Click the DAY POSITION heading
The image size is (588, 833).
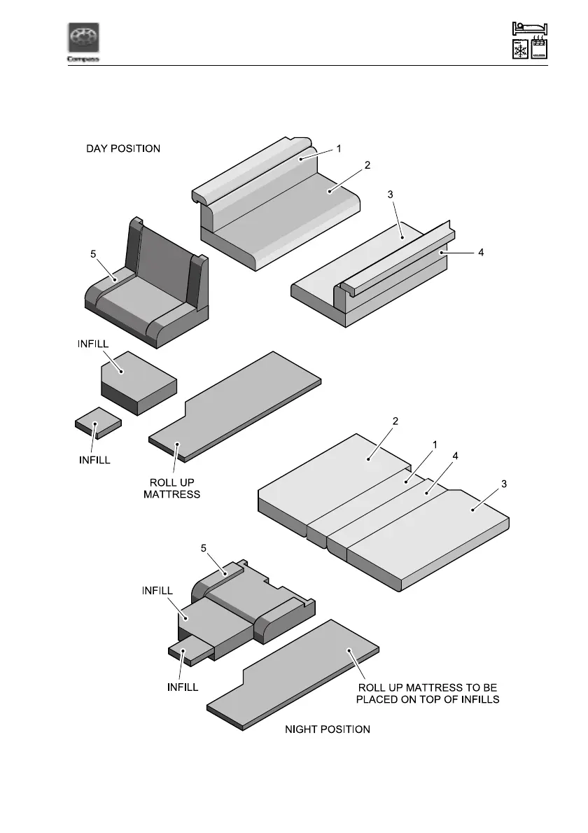(x=123, y=148)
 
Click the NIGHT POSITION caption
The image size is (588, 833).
(x=328, y=729)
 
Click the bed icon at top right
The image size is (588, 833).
(x=530, y=28)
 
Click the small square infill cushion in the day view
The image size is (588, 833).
(x=98, y=422)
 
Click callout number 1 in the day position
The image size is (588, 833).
(x=338, y=148)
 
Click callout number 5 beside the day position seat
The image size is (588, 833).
(x=93, y=255)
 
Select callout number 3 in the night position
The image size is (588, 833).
(x=505, y=483)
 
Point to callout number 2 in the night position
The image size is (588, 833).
(x=395, y=421)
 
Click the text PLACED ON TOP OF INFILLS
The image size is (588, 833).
(x=428, y=701)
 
